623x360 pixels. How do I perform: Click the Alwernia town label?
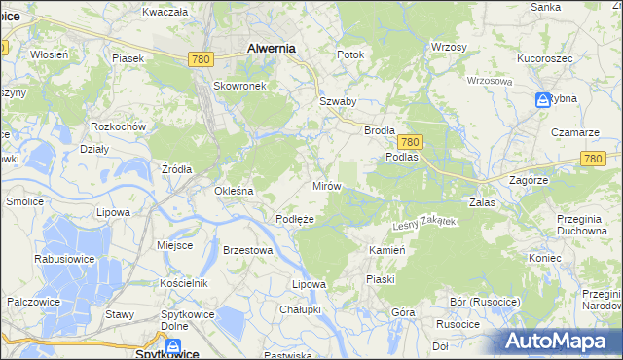[272, 47]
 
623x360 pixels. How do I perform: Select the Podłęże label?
[294, 220]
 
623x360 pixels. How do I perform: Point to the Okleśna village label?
[234, 191]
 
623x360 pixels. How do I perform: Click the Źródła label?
[177, 168]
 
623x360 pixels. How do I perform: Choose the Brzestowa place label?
[246, 250]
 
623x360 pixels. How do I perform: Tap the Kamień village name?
[386, 250]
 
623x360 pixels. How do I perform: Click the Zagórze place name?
[531, 181]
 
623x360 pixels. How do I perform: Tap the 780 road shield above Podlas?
[410, 141]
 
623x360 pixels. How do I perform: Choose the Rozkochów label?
[117, 126]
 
